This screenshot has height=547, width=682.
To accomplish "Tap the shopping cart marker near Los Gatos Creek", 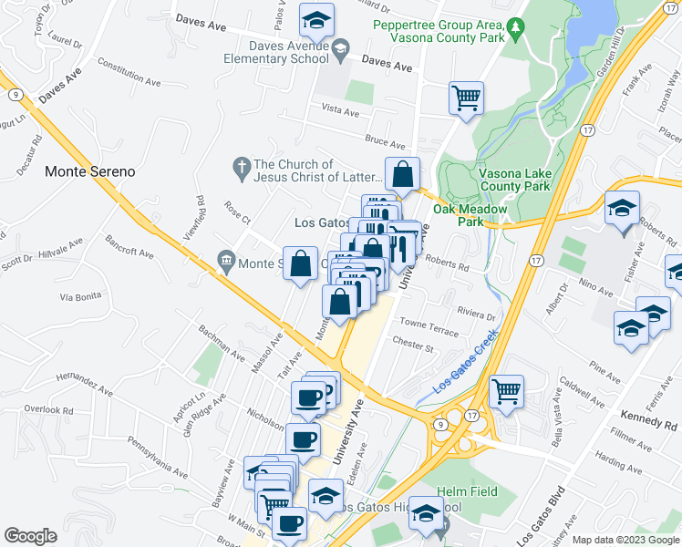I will [507, 391].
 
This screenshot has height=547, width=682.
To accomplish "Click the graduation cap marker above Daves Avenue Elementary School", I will [316, 19].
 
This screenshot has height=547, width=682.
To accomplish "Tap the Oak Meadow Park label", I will [457, 215].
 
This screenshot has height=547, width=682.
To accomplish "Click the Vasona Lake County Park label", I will [516, 179].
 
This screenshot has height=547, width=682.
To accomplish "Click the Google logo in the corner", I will [30, 536].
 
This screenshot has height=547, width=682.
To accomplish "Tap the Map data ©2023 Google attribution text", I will [625, 540].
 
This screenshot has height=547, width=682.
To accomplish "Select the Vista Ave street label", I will [340, 109].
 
